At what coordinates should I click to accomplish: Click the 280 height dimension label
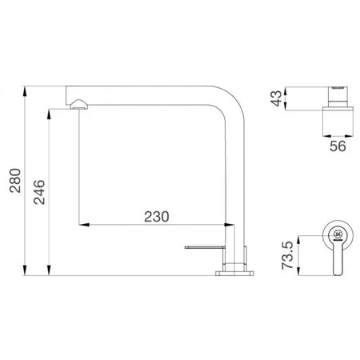(x=15, y=181)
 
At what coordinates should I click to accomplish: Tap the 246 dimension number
(x=39, y=192)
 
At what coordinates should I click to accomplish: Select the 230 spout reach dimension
(x=157, y=217)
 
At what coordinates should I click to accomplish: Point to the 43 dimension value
(x=277, y=98)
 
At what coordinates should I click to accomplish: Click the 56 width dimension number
(x=338, y=146)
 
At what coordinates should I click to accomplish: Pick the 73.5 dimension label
(x=287, y=255)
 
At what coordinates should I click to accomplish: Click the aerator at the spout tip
(x=78, y=104)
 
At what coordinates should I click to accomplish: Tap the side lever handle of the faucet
(x=205, y=247)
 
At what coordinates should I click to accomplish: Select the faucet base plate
(x=234, y=274)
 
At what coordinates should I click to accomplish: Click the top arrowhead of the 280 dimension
(x=25, y=91)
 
